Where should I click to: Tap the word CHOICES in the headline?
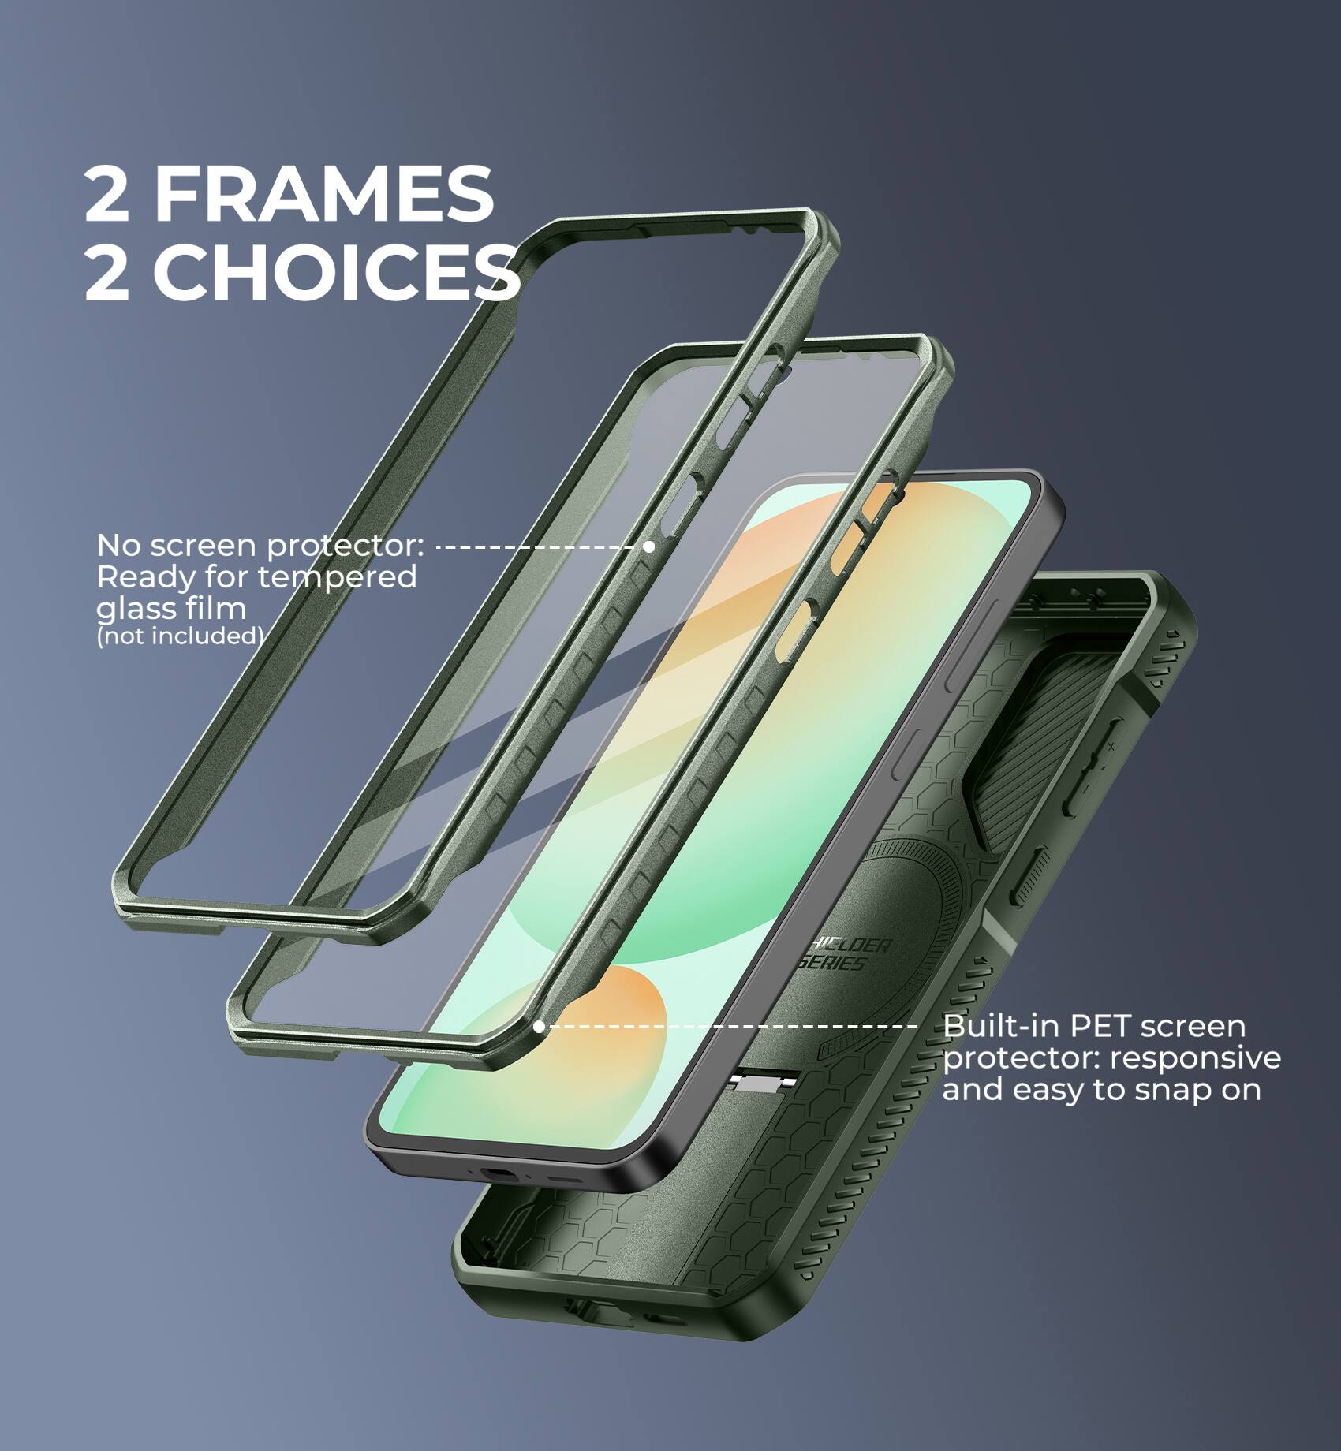point(335,271)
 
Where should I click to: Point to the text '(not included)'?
point(179,636)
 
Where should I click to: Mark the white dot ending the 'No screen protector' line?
point(648,546)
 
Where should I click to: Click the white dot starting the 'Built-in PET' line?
point(540,1027)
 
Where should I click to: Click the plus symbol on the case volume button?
point(1111,745)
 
